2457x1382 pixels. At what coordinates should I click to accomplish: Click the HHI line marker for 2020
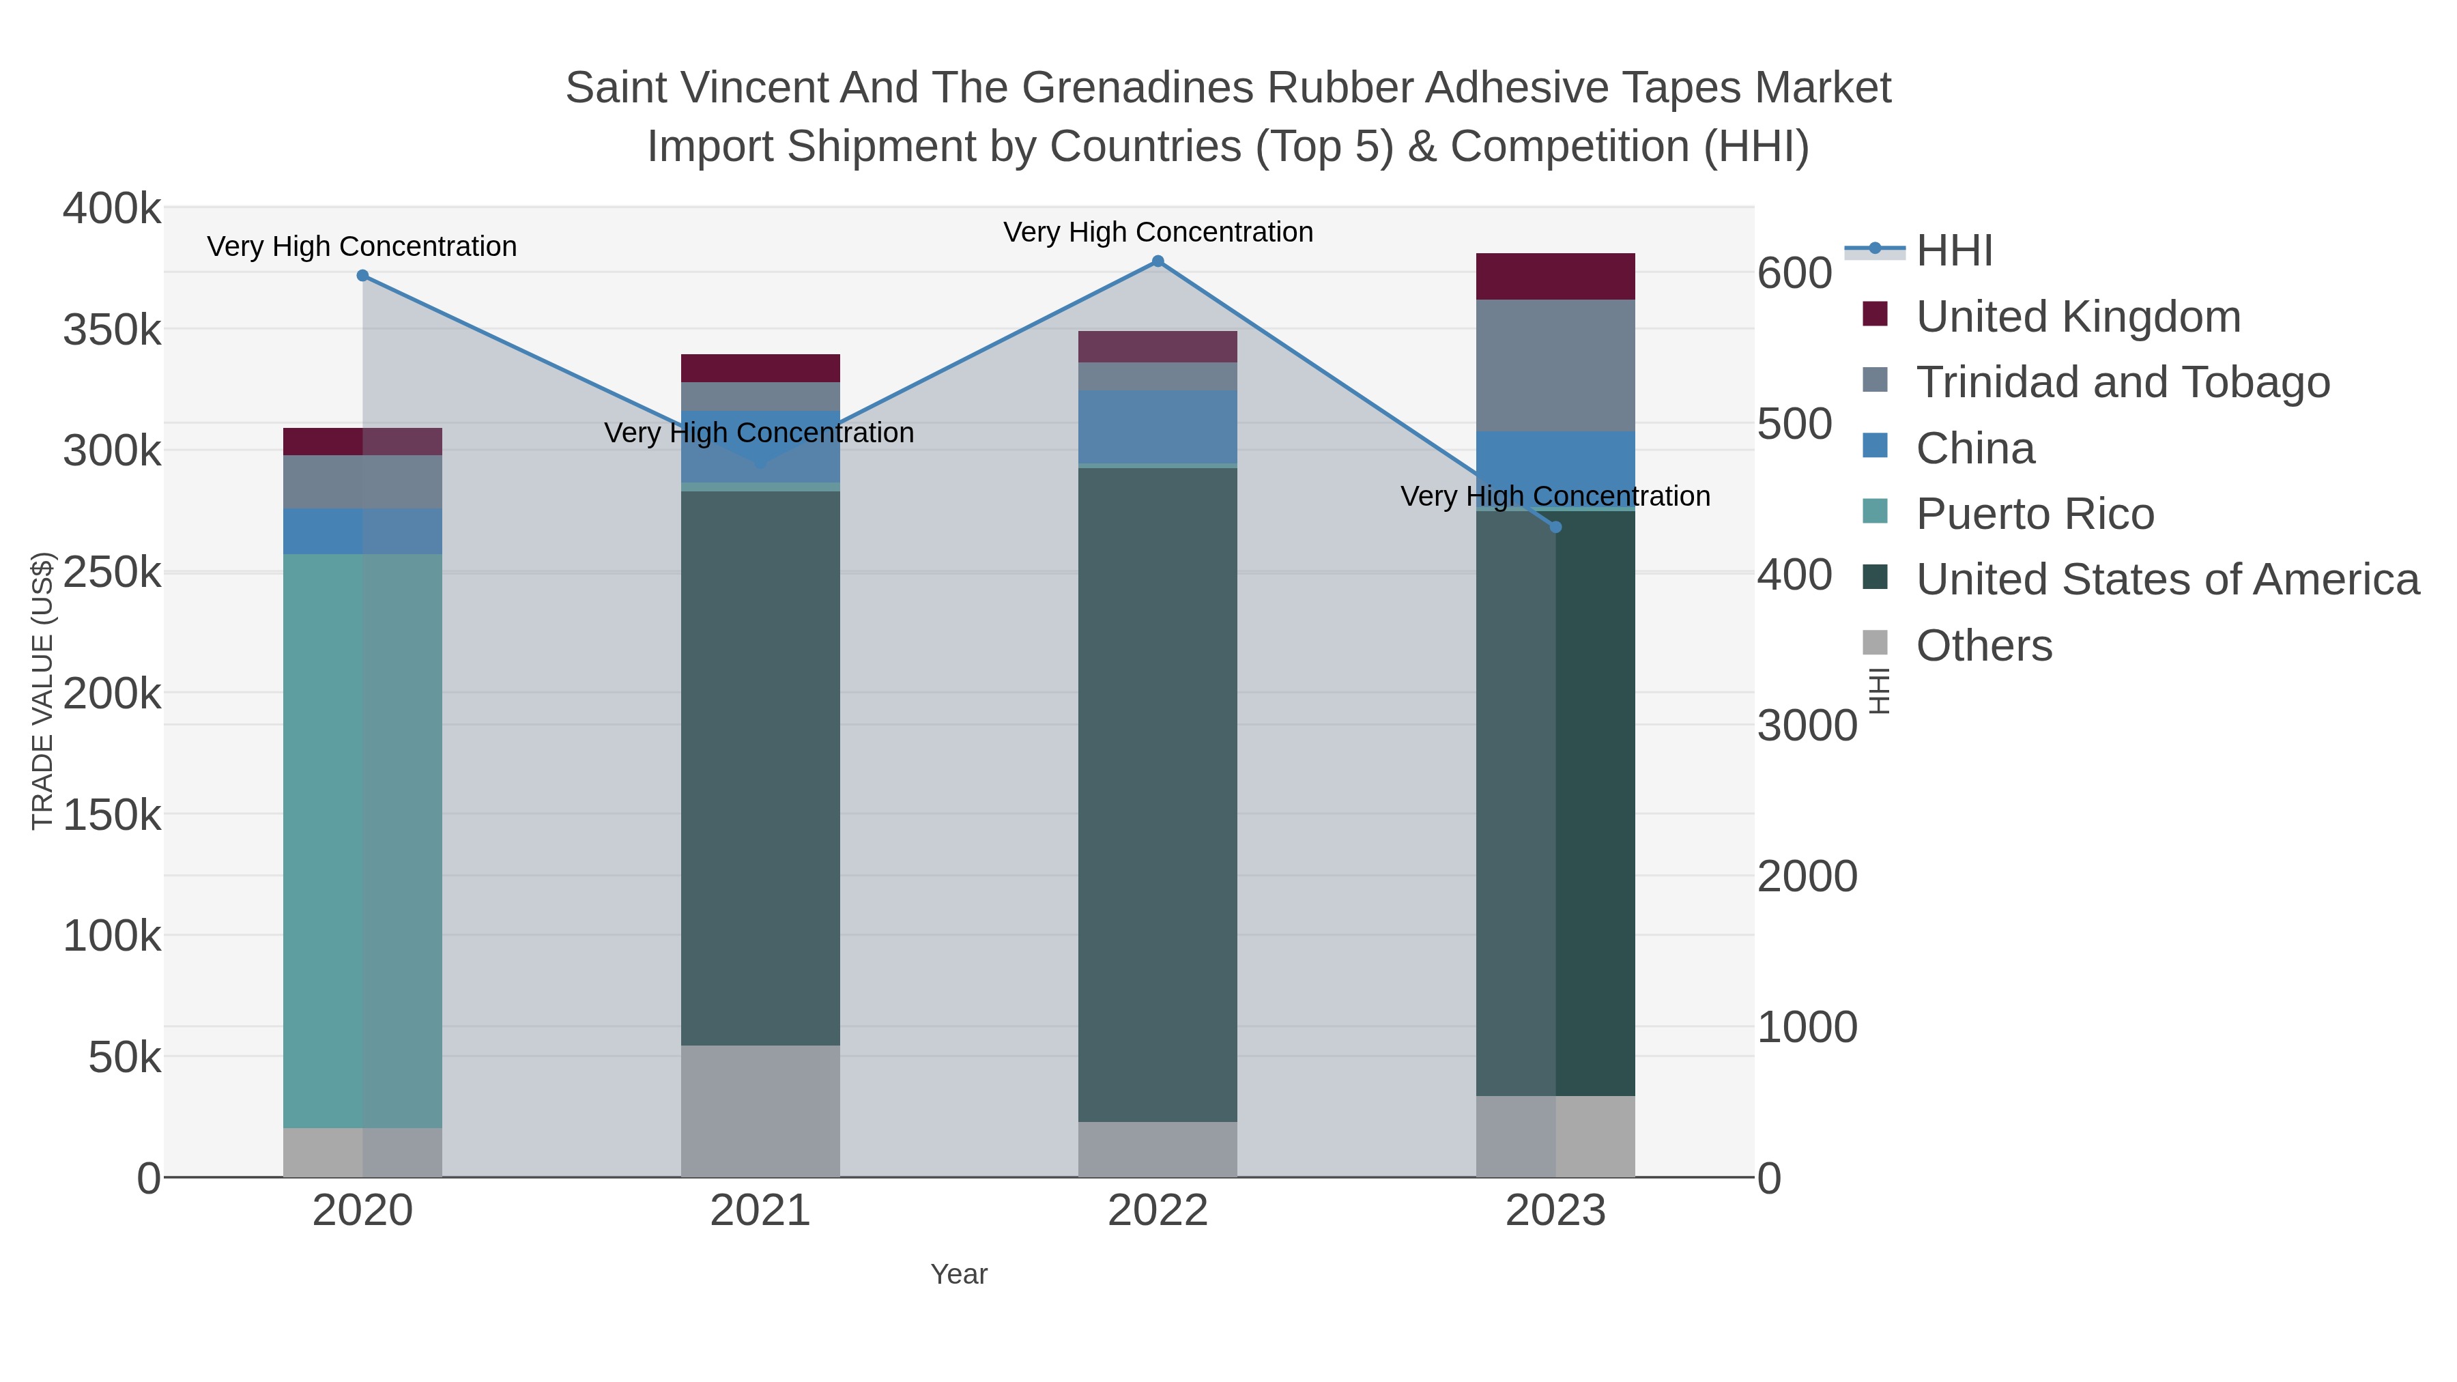tap(362, 276)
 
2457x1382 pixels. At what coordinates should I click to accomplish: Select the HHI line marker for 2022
tap(1158, 261)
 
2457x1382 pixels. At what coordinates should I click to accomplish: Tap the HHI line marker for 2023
tap(1555, 526)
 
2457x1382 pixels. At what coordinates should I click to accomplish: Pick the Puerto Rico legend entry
tap(2035, 514)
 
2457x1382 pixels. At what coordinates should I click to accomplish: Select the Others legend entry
tap(1984, 646)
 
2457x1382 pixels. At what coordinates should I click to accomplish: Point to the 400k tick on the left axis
tap(112, 209)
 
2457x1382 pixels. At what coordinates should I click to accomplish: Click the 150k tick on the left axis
tap(112, 816)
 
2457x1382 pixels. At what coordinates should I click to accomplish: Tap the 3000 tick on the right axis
tap(1807, 726)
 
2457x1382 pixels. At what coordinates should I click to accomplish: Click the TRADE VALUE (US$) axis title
tap(43, 691)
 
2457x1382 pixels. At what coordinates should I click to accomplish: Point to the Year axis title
tap(959, 1274)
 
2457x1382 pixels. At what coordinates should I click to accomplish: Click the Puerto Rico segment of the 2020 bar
tap(362, 839)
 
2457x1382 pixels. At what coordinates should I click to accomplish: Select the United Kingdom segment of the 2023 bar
tap(1555, 276)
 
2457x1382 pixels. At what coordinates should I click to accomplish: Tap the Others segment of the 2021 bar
tap(760, 1111)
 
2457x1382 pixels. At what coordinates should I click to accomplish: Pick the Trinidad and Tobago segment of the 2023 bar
tap(1555, 365)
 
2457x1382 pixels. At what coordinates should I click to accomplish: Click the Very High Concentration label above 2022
tap(1158, 233)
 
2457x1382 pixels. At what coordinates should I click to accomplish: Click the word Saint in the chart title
tap(615, 89)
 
